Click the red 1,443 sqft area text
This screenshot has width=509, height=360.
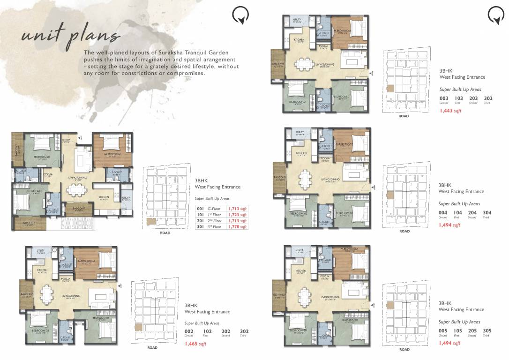point(450,111)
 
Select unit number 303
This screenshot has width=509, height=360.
point(488,98)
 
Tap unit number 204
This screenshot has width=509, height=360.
point(472,212)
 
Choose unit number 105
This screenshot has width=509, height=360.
point(457,331)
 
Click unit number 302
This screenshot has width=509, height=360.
point(244,331)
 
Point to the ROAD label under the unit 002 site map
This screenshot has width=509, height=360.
point(152,347)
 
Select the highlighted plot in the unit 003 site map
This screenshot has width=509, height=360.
point(389,88)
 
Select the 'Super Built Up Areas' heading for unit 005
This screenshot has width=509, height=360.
point(459,322)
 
